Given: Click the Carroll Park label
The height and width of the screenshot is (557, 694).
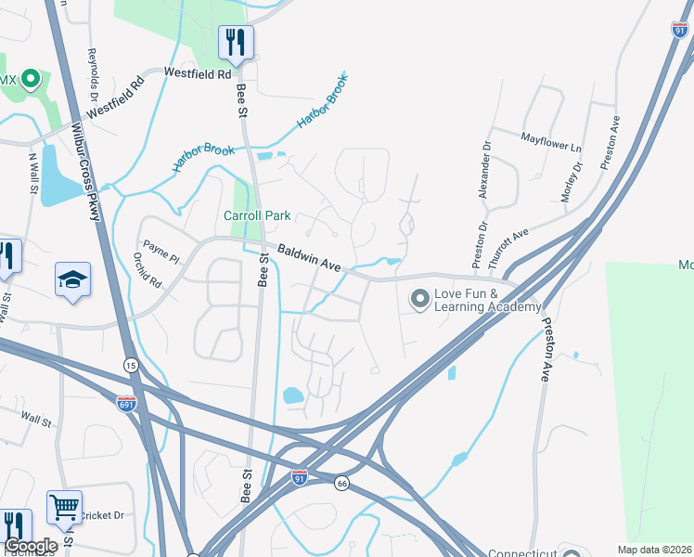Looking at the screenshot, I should tap(257, 215).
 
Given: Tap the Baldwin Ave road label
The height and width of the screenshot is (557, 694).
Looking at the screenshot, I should tap(309, 257).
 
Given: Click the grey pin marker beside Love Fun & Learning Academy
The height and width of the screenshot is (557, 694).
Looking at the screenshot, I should tap(419, 299).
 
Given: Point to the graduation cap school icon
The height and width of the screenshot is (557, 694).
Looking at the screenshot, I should tap(71, 279).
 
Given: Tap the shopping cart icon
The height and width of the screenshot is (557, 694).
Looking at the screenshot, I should tap(64, 508).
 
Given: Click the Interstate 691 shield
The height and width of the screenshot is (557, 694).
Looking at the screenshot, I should tap(126, 404).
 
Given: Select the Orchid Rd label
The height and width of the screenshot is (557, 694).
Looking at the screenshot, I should tap(147, 270).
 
